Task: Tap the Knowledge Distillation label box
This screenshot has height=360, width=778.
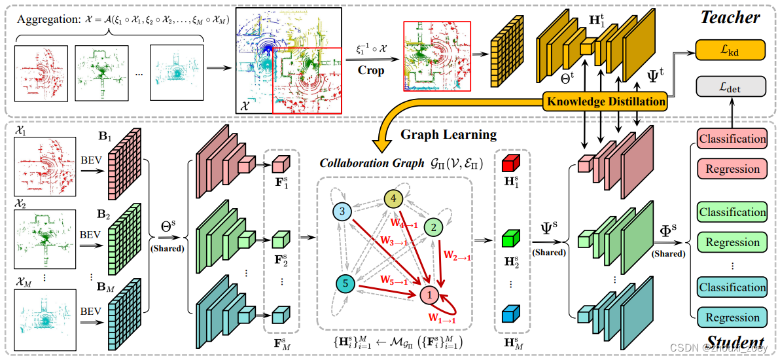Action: pos(605,101)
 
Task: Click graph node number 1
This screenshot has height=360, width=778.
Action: pos(429,295)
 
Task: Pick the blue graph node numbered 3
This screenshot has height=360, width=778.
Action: pos(343,211)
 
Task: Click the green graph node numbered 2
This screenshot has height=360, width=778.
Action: pos(432,227)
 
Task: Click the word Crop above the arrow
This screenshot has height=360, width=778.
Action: pos(371,70)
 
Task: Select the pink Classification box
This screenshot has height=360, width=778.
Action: pos(732,139)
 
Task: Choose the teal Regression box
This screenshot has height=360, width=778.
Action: pos(732,317)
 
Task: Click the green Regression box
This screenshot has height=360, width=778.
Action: pos(732,242)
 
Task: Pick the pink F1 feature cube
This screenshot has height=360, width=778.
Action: pos(280,164)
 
